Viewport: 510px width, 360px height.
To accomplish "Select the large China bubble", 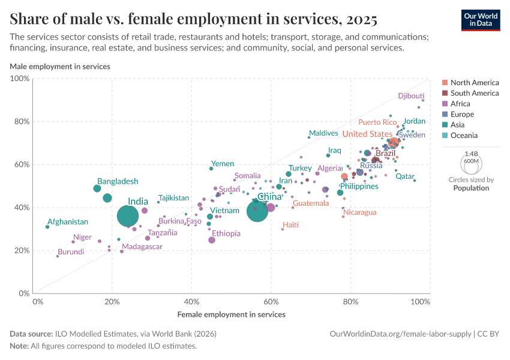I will (x=257, y=211).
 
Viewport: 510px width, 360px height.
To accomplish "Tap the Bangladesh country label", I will (x=118, y=181).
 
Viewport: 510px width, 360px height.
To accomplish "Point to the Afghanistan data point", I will (x=47, y=227).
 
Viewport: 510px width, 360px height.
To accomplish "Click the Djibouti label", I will (x=411, y=96).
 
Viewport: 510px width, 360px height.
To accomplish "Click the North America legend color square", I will (x=445, y=83).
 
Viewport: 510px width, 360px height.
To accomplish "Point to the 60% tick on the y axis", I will (x=22, y=164).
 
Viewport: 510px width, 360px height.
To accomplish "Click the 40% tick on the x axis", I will (x=191, y=302).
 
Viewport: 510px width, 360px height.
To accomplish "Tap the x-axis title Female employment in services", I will (x=231, y=314).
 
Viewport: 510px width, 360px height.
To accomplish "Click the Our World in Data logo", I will (x=480, y=19).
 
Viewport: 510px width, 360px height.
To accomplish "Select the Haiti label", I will (x=290, y=225).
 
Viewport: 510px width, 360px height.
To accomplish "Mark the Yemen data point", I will (x=211, y=169).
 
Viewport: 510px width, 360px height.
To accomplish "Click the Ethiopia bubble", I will (x=212, y=240).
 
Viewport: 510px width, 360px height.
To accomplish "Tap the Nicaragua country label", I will (x=360, y=212).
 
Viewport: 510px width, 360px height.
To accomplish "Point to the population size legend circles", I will (x=471, y=162).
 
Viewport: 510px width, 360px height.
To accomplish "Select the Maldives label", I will (x=323, y=133).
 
